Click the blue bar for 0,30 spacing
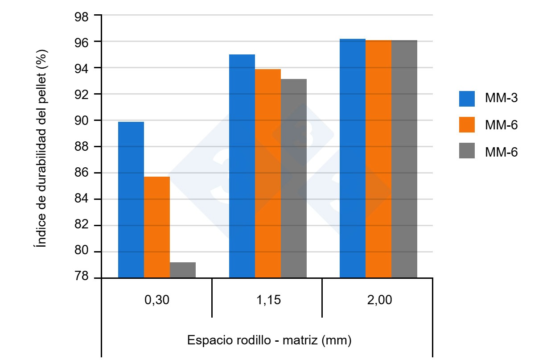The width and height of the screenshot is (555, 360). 131,200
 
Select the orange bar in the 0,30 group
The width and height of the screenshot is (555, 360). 156,227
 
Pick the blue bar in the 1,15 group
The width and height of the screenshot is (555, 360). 242,166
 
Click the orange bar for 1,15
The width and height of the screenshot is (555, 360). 267,174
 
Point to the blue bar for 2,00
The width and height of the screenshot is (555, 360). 352,158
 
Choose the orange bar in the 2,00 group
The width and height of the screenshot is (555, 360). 378,159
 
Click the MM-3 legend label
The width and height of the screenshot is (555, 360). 502,98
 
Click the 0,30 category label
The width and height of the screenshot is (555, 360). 156,300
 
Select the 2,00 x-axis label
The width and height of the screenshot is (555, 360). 378,300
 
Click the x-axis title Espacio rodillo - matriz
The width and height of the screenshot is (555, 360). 269,340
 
